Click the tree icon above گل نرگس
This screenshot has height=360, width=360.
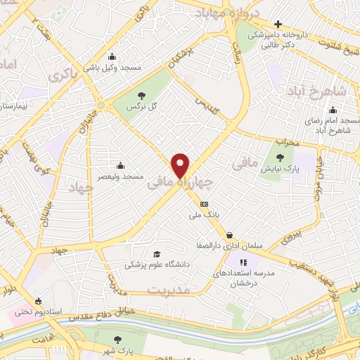coord(142,96)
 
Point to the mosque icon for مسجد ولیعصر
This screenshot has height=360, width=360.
coord(121,165)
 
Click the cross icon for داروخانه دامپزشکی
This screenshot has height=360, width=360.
coord(278,25)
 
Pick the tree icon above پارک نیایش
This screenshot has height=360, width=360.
coord(281,157)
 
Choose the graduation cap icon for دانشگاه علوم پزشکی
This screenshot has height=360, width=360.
coord(155,255)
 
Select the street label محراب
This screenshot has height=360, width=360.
coord(288,142)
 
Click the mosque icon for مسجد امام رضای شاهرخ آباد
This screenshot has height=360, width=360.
coord(333,110)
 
